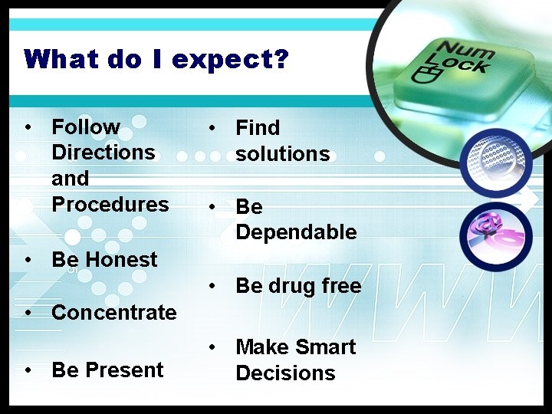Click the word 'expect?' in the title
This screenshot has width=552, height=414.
point(230,60)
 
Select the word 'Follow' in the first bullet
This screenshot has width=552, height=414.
point(86,127)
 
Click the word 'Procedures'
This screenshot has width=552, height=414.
point(110,204)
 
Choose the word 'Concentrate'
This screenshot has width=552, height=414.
point(113,313)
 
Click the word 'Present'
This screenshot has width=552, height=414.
point(124,370)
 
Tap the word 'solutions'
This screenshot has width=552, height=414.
point(282,153)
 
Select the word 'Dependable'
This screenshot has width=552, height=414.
point(296,232)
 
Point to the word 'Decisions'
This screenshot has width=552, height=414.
point(285,373)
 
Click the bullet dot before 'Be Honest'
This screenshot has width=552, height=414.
point(28,260)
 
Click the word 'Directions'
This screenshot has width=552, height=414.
point(103,152)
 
